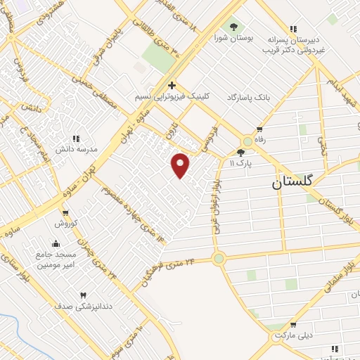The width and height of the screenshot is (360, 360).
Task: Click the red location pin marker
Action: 181,165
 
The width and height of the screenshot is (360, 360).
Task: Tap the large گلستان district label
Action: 295,183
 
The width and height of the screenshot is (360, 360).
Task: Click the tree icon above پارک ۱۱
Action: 241,152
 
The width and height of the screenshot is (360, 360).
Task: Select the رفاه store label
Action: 259,140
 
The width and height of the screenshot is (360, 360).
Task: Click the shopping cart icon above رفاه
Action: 259,129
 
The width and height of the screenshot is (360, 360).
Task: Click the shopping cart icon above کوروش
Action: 65,213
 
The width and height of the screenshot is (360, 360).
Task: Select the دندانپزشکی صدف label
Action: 82,306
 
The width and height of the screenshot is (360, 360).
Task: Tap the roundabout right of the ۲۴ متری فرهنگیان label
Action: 219,259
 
